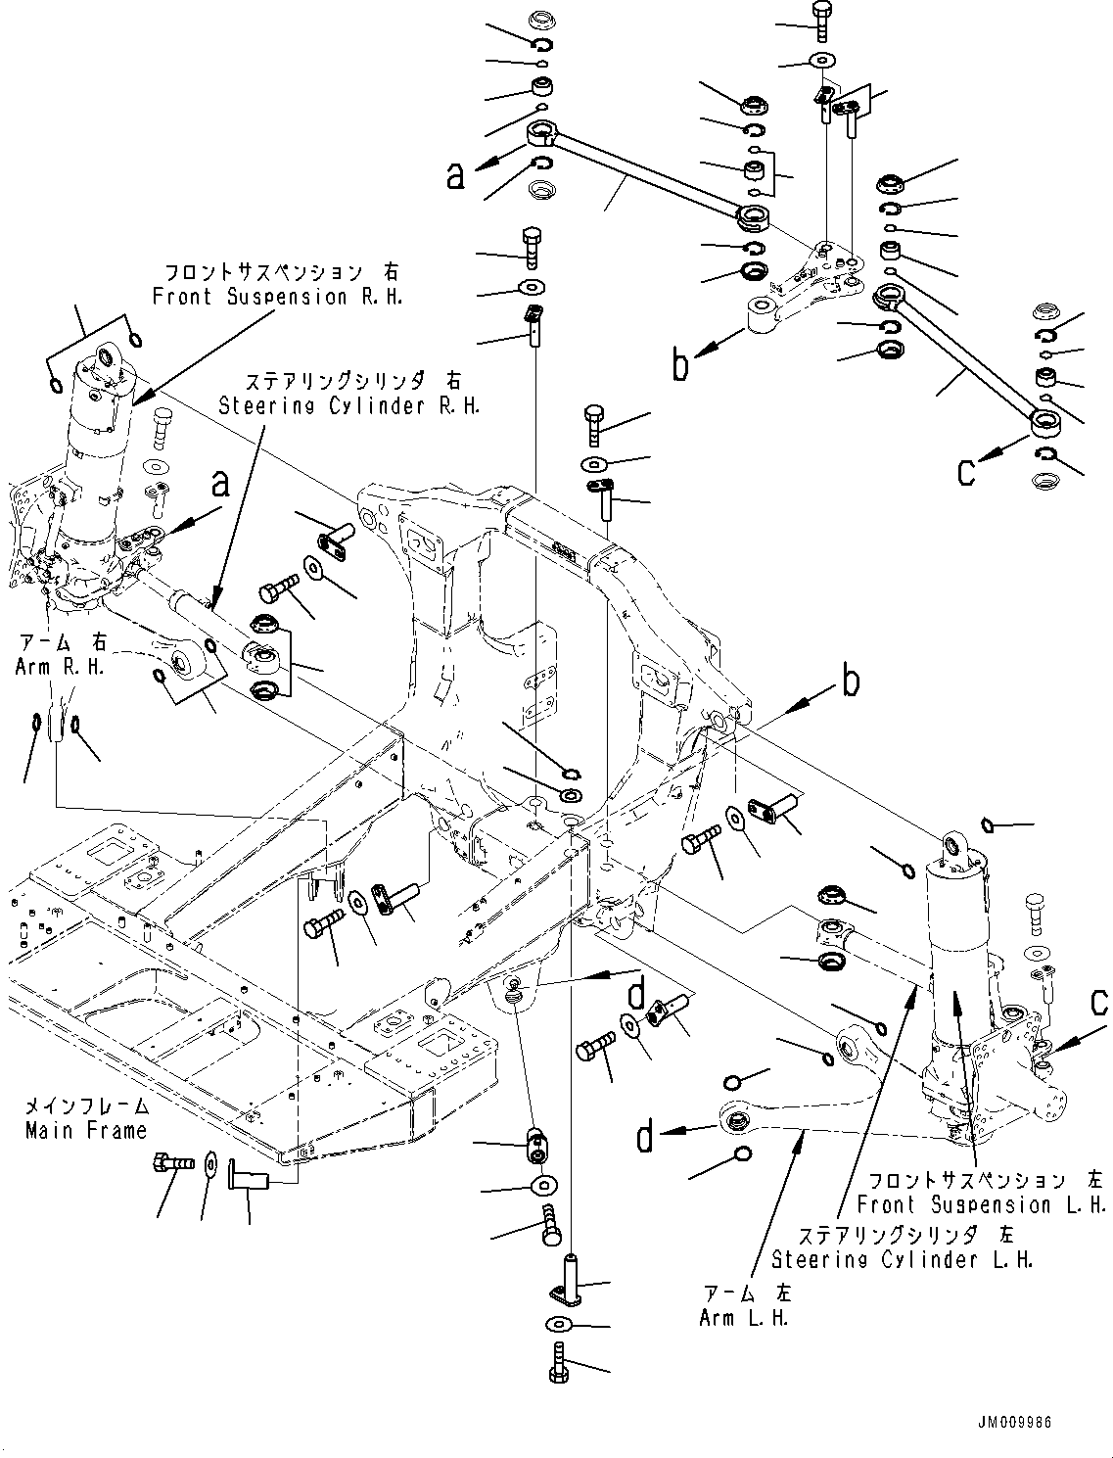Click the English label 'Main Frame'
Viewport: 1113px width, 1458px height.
coord(86,1130)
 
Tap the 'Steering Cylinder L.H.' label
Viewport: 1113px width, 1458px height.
coord(902,1259)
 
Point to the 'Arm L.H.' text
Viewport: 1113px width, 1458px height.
coord(744,1317)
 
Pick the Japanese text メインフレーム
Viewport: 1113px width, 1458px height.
coord(86,1106)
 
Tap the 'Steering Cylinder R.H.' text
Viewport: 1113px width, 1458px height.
coord(349,405)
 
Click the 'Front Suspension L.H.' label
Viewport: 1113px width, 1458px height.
coord(981,1204)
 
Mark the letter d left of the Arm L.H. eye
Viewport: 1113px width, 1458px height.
coord(645,1137)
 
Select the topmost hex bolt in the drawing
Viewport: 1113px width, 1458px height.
coord(821,16)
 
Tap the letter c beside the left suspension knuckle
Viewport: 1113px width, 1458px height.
coord(1099,1002)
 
